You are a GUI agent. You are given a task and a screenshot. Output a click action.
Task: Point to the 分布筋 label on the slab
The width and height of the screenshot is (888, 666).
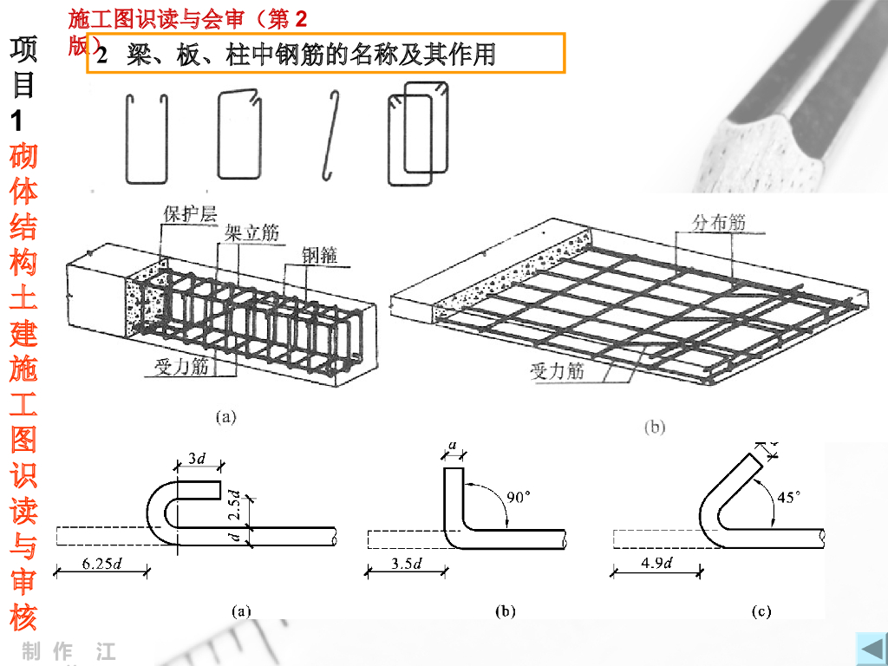point(717,222)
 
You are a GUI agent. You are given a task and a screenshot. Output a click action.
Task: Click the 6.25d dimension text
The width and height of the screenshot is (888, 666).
point(102,564)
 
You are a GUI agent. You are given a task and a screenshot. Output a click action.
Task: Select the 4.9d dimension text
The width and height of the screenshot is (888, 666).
point(657,564)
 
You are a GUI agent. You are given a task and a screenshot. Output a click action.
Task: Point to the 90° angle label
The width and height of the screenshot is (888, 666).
point(518,497)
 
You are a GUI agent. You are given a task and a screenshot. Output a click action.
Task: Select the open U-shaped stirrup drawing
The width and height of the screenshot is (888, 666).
point(146,139)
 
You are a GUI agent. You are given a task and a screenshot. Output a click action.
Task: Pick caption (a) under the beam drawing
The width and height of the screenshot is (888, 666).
point(224,416)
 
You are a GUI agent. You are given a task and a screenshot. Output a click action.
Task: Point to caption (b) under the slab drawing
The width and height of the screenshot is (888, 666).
point(655,427)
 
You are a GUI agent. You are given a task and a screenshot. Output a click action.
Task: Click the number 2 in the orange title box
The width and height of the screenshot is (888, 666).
point(101,55)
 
